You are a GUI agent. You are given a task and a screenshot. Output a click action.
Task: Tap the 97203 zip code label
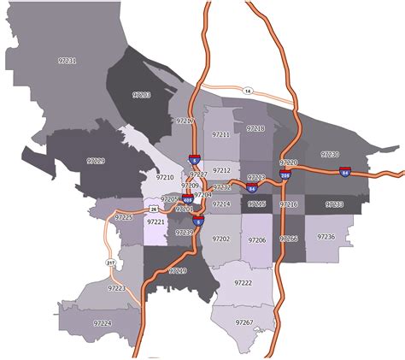tap(141, 94)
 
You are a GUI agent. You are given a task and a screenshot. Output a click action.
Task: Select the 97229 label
tap(96, 161)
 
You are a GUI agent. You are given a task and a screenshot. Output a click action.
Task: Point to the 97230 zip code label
tap(330, 155)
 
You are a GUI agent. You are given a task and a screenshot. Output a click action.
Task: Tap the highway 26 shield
tap(153, 209)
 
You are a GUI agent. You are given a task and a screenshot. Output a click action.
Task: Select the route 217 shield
tap(110, 263)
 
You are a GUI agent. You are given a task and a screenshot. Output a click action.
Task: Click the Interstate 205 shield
tap(285, 173)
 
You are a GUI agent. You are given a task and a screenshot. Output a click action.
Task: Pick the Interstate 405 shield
tap(188, 203)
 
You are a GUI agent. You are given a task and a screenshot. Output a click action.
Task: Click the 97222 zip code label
tap(243, 283)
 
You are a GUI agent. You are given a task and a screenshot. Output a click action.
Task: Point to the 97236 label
tap(326, 237)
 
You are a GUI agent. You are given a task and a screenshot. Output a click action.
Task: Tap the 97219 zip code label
tap(177, 270)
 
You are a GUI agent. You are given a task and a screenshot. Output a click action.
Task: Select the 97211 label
tap(221, 135)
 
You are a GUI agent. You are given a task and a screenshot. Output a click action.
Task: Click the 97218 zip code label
tap(256, 128)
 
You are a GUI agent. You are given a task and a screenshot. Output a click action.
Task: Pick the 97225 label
tap(125, 218)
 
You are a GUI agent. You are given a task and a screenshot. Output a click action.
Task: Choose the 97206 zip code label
tap(257, 241)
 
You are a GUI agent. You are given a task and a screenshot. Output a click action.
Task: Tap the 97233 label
tap(334, 204)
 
